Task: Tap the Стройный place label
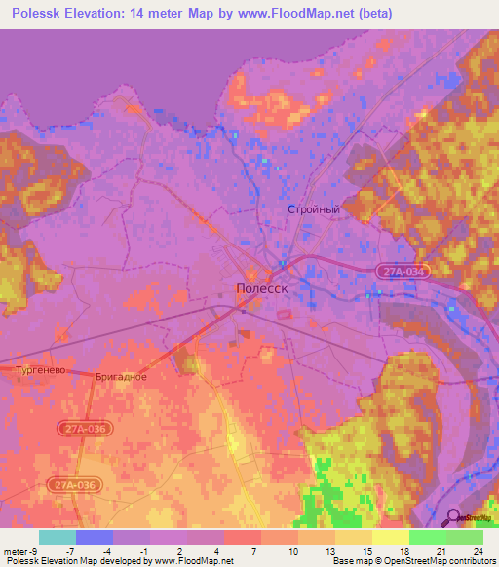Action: point(313,209)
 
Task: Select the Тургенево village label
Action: point(41,371)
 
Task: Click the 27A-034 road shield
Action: point(402,273)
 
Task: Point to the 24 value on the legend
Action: point(478,552)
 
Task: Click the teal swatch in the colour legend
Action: point(58,537)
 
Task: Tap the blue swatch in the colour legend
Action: point(95,537)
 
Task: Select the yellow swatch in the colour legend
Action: point(390,537)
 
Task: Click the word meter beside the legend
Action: point(14,552)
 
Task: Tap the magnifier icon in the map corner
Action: point(452,517)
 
